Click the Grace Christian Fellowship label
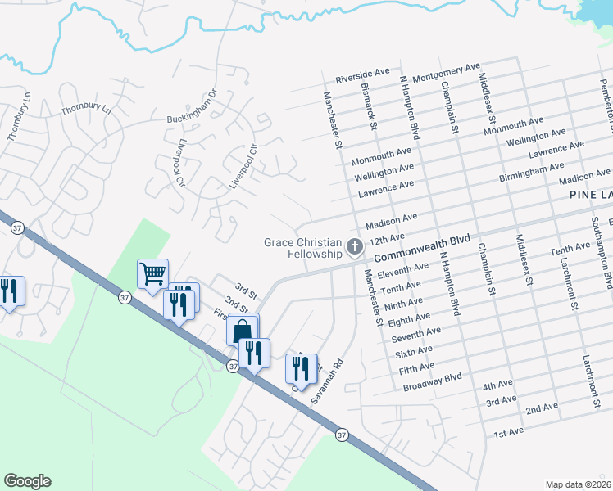tap(302, 247)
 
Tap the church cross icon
tap(354, 245)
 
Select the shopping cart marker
tap(152, 274)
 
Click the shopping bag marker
tap(242, 331)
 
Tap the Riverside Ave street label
tap(362, 76)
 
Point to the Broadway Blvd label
tap(433, 381)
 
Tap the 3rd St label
tap(246, 290)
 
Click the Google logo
tap(27, 481)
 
